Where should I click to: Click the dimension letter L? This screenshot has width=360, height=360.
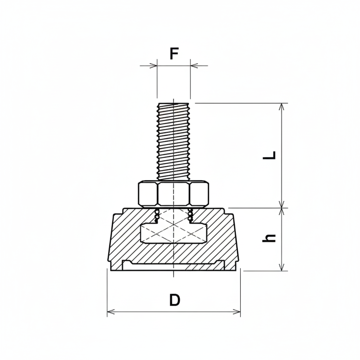270,155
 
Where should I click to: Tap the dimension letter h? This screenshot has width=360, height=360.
269,238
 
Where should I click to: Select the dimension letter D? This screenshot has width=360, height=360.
174,300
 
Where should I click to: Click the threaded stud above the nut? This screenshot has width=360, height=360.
174,141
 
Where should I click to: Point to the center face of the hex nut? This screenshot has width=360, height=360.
174,194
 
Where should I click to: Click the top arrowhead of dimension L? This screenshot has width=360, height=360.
281,107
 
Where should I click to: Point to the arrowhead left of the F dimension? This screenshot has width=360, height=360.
153,65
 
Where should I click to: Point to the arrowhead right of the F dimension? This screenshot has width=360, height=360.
194,65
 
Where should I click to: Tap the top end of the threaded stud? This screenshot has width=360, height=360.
174,104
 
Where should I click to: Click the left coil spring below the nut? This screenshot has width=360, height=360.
156,215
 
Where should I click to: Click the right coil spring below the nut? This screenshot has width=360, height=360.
191,215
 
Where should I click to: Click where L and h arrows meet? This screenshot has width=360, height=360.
281,208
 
